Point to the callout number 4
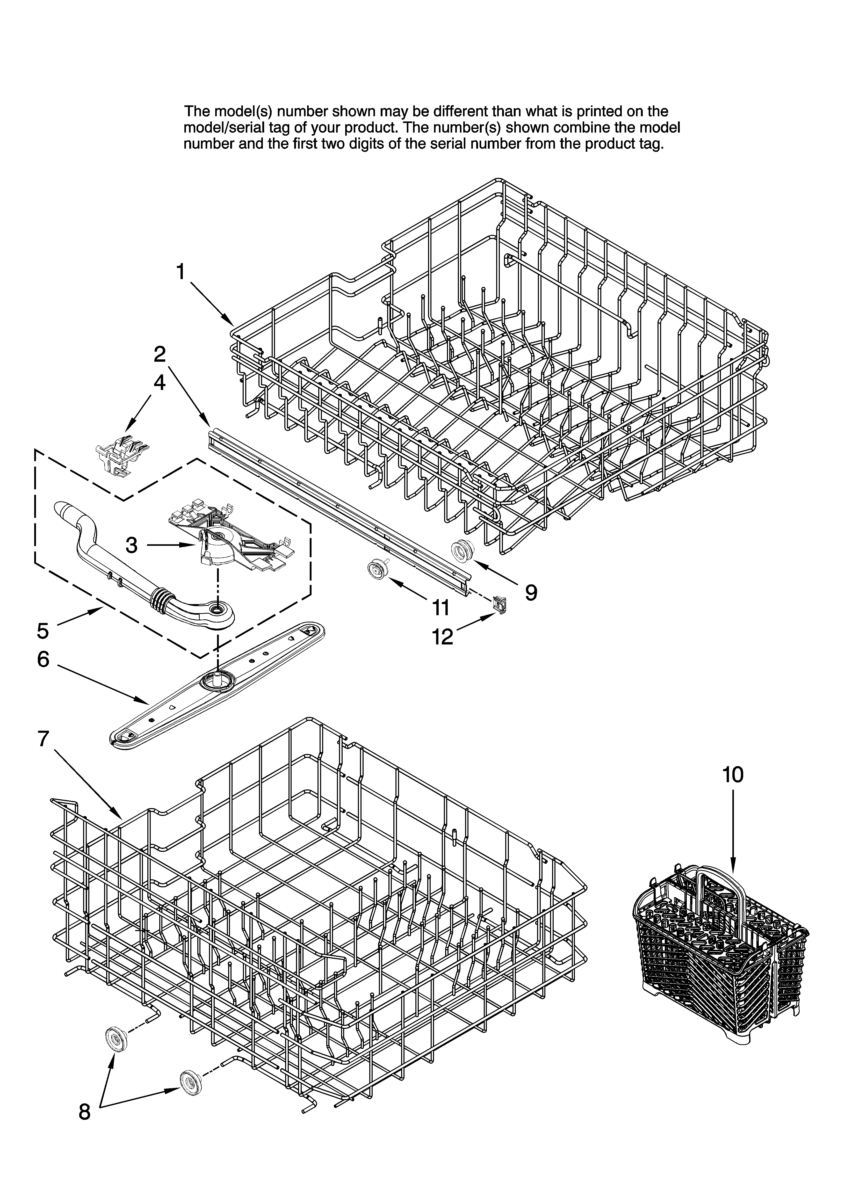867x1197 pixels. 159,383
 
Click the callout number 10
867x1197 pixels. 733,774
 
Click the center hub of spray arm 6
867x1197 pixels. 216,679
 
